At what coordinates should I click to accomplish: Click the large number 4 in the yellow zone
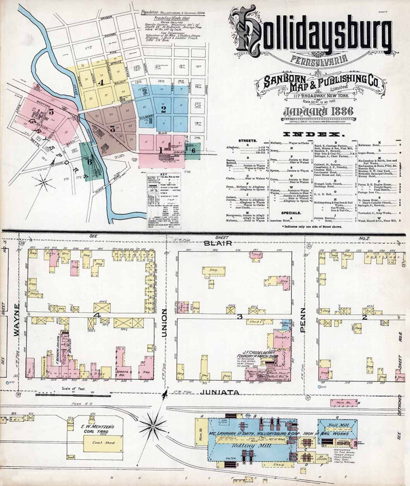(101, 83)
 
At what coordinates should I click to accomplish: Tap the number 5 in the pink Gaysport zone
(51, 112)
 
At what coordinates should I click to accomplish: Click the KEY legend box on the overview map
(163, 200)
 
